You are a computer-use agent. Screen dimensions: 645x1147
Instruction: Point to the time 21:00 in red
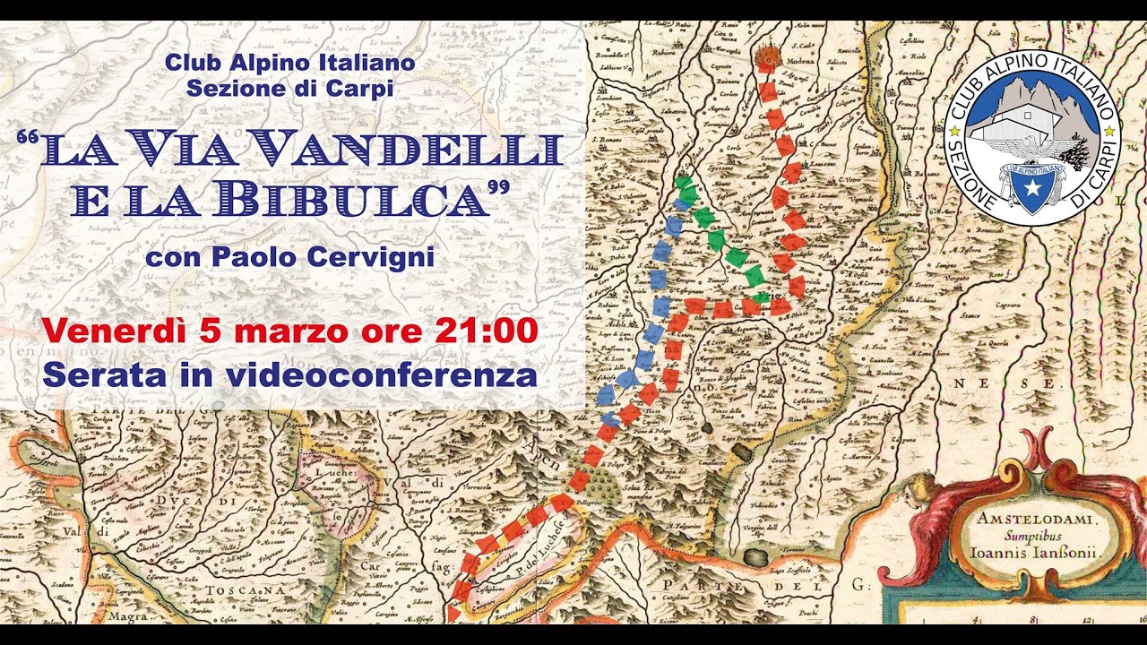tap(486, 331)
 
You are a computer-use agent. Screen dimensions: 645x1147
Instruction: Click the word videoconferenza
tap(383, 374)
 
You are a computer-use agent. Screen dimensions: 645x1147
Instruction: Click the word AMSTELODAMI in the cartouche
tap(1030, 520)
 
